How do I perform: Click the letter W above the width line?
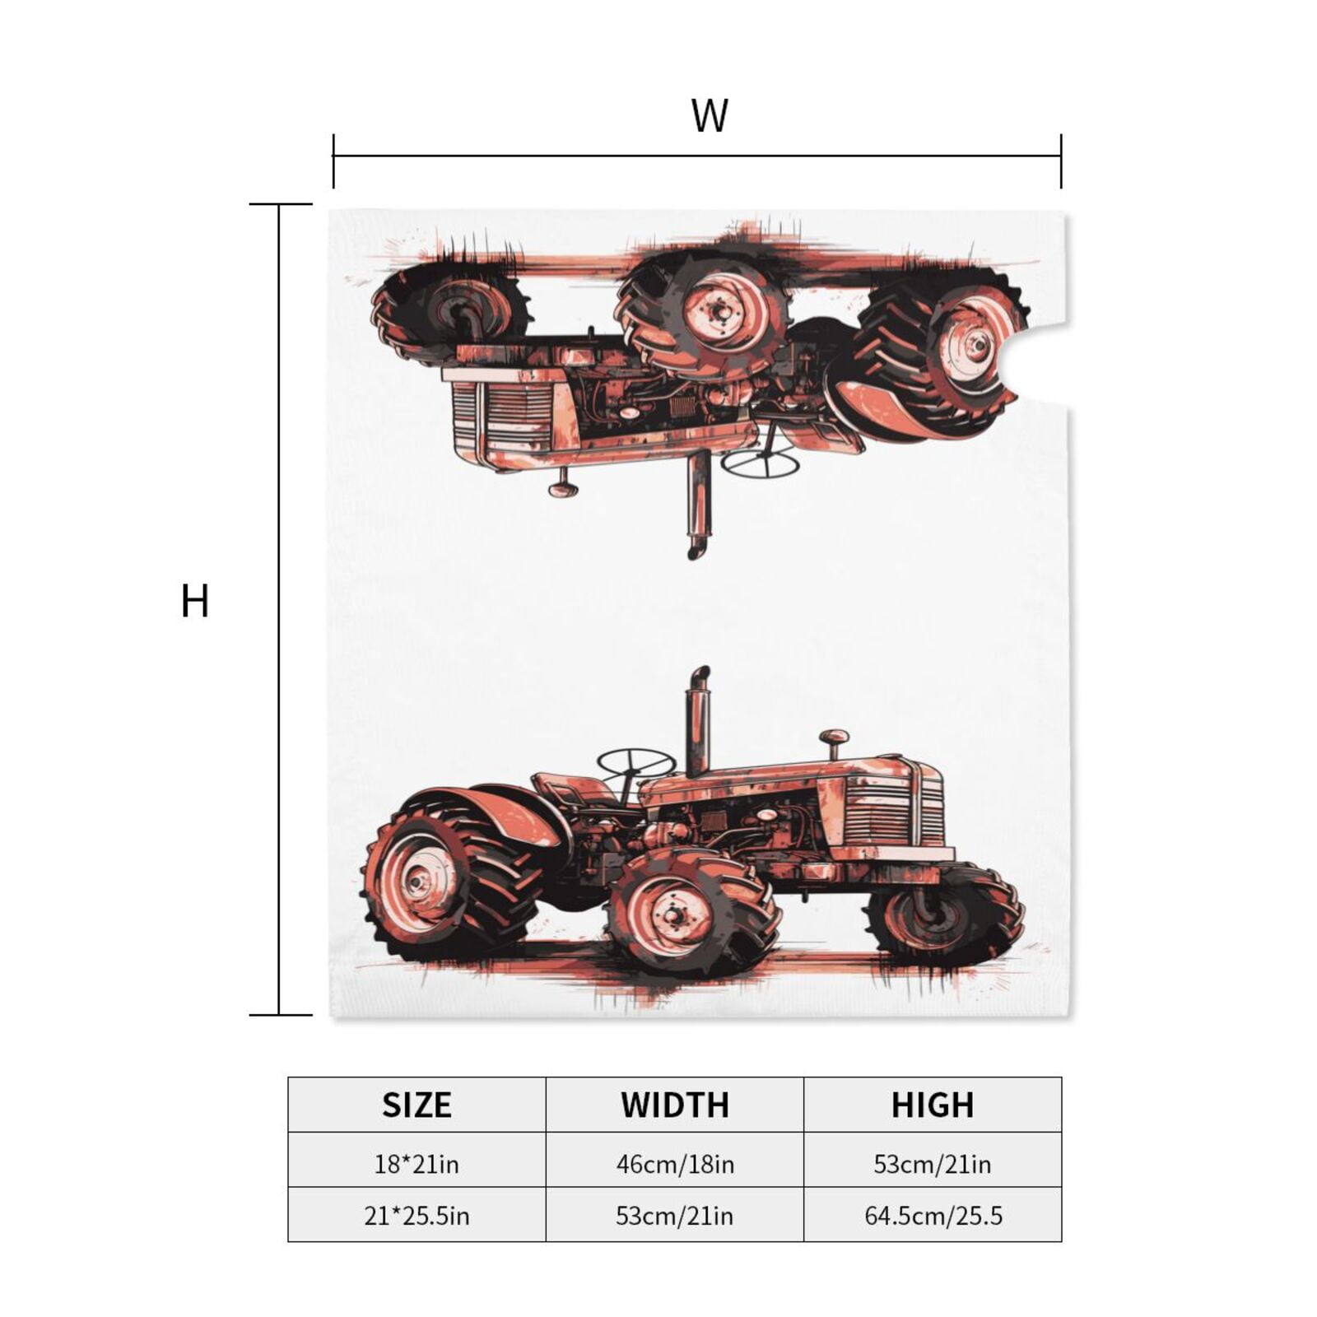coord(710,116)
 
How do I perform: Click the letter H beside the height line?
coord(195,601)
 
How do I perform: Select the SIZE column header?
coord(417,1105)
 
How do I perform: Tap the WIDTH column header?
coord(675,1105)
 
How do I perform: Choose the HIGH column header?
coord(933,1105)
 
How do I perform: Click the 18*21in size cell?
coord(417,1164)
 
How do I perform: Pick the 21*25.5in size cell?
coord(417,1216)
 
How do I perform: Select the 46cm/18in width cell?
coord(675,1164)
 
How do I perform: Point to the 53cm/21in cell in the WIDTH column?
coord(675,1216)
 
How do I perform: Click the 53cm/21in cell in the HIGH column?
coord(933,1164)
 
